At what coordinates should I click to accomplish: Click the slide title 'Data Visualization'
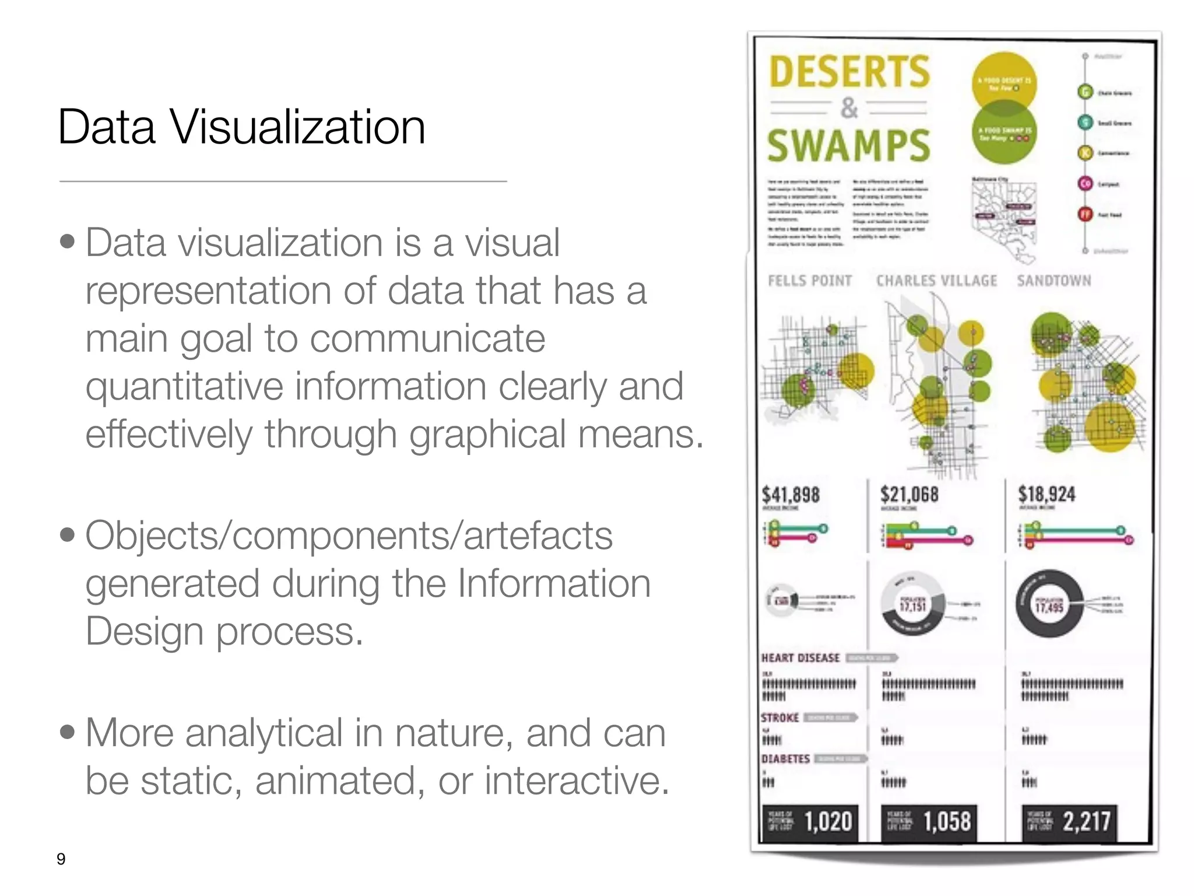pyautogui.click(x=241, y=127)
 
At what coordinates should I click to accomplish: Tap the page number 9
pyautogui.click(x=61, y=859)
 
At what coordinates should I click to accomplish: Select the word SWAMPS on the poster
pyautogui.click(x=848, y=146)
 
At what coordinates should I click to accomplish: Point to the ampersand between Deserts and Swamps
pyautogui.click(x=849, y=108)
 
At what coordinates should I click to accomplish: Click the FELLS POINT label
pyautogui.click(x=810, y=281)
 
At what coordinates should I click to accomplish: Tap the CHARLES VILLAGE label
pyautogui.click(x=936, y=281)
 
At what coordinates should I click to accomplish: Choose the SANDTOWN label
pyautogui.click(x=1053, y=281)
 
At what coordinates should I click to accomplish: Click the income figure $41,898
pyautogui.click(x=791, y=495)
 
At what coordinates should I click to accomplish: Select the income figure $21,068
pyautogui.click(x=909, y=495)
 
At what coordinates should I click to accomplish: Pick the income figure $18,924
pyautogui.click(x=1046, y=495)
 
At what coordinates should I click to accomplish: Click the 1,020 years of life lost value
pyautogui.click(x=828, y=821)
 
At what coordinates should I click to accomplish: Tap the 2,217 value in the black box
pyautogui.click(x=1086, y=821)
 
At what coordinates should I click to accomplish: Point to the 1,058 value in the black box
pyautogui.click(x=947, y=821)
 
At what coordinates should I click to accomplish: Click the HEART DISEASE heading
pyautogui.click(x=800, y=658)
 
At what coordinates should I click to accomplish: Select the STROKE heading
pyautogui.click(x=779, y=717)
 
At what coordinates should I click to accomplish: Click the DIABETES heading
pyautogui.click(x=785, y=759)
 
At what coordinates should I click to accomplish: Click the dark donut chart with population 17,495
pyautogui.click(x=1049, y=605)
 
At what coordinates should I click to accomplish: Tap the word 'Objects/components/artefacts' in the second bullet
pyautogui.click(x=349, y=535)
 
